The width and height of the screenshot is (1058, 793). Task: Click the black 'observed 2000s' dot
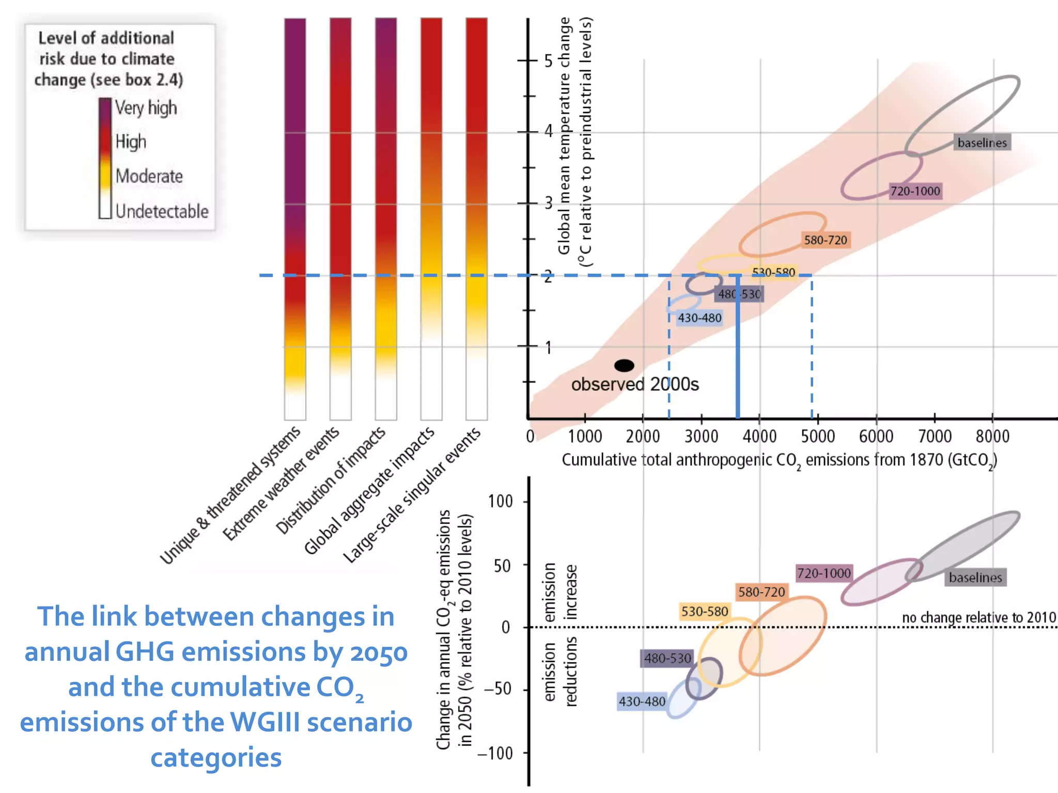[x=624, y=366]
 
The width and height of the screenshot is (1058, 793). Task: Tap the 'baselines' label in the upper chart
[x=982, y=142]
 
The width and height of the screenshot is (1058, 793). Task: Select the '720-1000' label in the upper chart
[x=915, y=191]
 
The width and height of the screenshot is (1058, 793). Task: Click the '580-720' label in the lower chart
[x=761, y=592]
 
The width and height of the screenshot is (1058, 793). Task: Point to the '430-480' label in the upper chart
[x=699, y=318]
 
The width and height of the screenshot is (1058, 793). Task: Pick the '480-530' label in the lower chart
[x=667, y=658]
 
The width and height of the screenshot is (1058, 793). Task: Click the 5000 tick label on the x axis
[x=817, y=437]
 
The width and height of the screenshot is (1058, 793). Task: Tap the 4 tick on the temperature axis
[x=548, y=131]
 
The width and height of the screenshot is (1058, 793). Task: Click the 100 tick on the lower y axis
[x=500, y=501]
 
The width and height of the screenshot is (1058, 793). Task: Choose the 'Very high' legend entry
[x=146, y=108]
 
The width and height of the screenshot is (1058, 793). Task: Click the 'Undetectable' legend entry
[x=162, y=211]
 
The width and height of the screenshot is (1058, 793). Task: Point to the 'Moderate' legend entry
[x=149, y=176]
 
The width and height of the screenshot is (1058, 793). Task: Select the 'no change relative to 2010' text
[x=978, y=617]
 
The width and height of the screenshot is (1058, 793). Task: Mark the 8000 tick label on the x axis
[x=992, y=437]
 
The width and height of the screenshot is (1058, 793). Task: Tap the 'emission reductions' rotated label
[x=560, y=672]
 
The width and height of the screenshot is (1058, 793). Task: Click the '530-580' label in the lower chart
[x=704, y=611]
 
